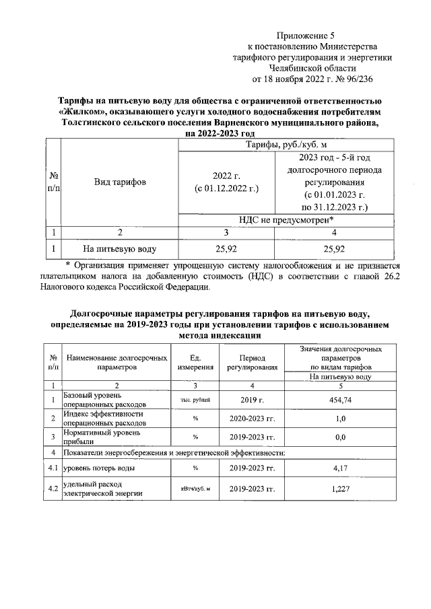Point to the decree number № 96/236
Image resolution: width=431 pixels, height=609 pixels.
(x=344, y=79)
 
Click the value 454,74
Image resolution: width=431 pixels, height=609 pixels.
(x=340, y=400)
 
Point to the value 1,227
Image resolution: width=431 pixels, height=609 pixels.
(x=340, y=489)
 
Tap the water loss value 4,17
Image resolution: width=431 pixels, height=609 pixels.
(x=340, y=467)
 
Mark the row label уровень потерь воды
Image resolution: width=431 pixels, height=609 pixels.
(x=98, y=467)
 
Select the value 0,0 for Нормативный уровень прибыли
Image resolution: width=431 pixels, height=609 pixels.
(x=340, y=437)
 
